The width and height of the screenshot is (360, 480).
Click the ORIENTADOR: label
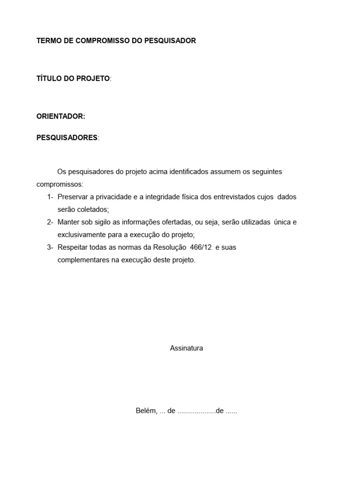61,116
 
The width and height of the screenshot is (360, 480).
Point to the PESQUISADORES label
67,138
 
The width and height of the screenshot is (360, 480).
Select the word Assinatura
187,348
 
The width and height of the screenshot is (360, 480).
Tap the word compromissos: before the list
60,184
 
